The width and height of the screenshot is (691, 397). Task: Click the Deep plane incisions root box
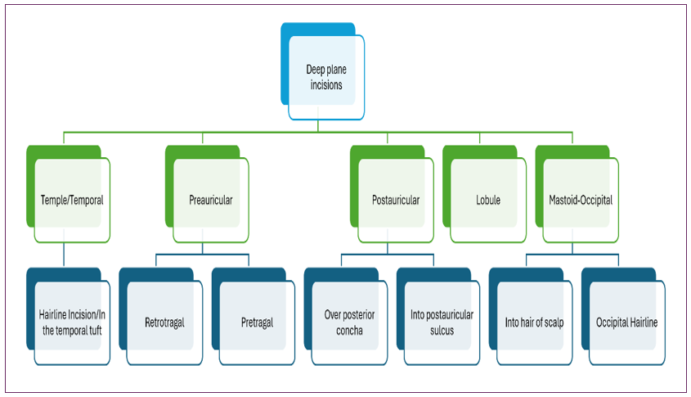point(326,77)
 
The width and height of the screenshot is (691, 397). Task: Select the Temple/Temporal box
point(72,199)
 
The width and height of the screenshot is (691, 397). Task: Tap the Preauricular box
point(210,199)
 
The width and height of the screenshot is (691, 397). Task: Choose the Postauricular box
point(396,199)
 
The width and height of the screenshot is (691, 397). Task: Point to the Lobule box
point(488,199)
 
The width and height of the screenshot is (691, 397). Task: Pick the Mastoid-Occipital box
point(581,199)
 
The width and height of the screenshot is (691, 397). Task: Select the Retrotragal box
point(164,323)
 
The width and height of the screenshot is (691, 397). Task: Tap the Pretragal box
point(257,323)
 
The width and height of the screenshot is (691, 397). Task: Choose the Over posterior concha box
point(349,323)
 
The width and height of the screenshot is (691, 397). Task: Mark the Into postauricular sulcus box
point(442,323)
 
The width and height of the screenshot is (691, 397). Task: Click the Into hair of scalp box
point(535,323)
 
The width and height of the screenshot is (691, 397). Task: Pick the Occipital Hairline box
point(627,323)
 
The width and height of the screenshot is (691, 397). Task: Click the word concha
point(349,330)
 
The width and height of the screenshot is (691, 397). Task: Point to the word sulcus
point(442,330)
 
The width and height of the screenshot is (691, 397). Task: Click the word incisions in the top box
point(326,84)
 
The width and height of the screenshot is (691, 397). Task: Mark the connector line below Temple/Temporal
point(64,254)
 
